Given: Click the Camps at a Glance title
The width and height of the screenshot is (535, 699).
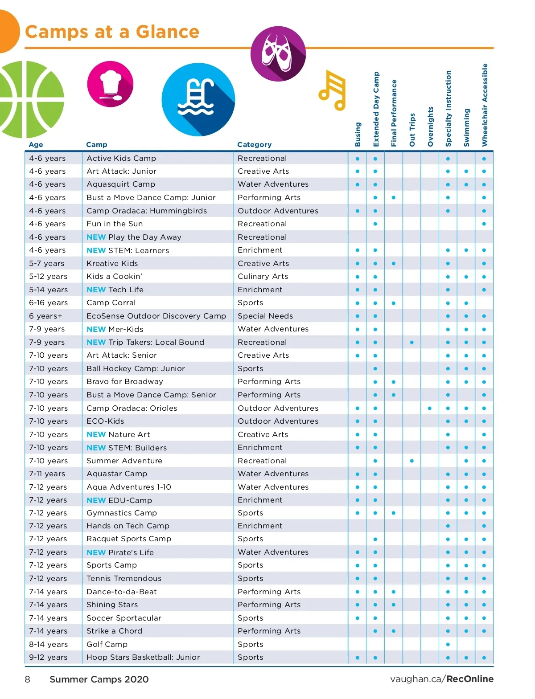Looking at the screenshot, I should pos(112,32).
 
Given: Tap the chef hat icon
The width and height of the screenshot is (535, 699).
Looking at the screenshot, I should pos(110,84).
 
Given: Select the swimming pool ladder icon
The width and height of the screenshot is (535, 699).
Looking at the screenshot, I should pos(198,99).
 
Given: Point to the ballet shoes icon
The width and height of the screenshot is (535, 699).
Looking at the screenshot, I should pos(278,54).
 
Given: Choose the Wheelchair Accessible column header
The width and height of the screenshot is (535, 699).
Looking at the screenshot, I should pos(485,105).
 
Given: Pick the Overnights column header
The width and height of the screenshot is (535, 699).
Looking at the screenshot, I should pos(430,127).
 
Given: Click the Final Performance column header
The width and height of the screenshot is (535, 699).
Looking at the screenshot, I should pos(394,113).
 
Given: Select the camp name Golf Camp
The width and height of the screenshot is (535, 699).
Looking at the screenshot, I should pos(107,644).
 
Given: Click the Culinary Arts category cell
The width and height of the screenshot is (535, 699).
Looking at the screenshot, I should pos(263,276).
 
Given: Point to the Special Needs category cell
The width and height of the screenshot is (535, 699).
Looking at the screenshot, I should pos(265,316).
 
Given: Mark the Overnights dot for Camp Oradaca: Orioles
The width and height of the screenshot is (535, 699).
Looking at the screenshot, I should pos(430,408).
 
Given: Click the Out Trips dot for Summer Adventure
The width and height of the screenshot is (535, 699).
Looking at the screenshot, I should pos(412,461).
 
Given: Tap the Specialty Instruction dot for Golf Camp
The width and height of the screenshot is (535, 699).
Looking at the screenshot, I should pos(448,644).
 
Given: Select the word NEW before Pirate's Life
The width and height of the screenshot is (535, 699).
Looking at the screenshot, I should pos(96,552).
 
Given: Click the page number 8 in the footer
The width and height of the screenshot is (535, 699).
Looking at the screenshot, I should pos(28,679).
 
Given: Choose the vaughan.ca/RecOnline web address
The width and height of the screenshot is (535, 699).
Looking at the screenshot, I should pos(441,679).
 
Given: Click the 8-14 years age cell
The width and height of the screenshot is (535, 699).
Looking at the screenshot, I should pos(48,644).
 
